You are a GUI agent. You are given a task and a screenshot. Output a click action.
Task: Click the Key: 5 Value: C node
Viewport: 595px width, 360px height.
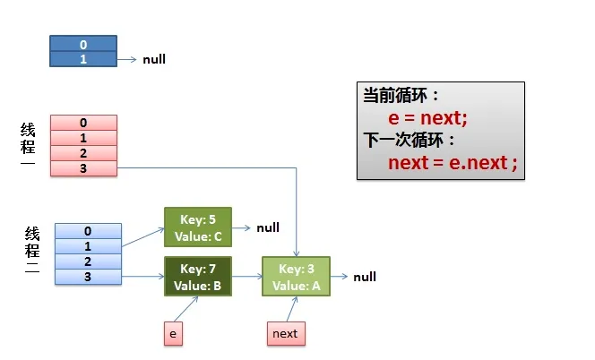(x=198, y=227)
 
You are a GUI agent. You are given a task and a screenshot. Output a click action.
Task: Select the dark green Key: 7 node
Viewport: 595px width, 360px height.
(x=198, y=276)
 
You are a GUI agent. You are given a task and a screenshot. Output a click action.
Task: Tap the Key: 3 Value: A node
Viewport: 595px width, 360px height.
(x=296, y=276)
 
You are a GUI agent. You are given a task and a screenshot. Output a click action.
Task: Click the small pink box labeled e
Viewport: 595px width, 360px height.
(x=174, y=333)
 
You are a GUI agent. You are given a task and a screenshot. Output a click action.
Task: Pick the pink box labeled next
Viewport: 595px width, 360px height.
(x=286, y=333)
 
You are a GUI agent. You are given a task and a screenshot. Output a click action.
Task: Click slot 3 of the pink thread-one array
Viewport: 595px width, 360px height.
(x=84, y=168)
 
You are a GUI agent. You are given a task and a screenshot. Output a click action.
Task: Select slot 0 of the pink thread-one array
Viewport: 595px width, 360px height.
(x=84, y=123)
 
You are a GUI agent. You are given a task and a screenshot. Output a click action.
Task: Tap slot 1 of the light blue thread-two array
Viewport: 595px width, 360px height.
(x=88, y=246)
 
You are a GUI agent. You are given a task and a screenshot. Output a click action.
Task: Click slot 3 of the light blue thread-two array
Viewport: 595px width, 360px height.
(x=88, y=277)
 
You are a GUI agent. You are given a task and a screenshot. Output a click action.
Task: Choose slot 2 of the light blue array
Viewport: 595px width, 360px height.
(x=88, y=261)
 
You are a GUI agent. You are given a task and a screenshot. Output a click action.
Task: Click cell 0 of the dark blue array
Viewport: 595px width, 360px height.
(x=83, y=44)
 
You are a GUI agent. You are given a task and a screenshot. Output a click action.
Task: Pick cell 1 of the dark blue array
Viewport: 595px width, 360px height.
(x=83, y=59)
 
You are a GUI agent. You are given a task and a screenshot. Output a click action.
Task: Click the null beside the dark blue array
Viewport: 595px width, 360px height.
(x=154, y=59)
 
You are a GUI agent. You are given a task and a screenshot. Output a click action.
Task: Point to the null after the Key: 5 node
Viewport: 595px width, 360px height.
(x=268, y=227)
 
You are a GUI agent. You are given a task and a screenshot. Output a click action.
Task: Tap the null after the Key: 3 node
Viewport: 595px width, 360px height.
(x=365, y=277)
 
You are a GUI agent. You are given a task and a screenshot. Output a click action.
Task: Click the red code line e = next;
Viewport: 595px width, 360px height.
(x=427, y=118)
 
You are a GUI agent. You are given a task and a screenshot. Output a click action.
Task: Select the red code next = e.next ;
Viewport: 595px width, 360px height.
(x=453, y=163)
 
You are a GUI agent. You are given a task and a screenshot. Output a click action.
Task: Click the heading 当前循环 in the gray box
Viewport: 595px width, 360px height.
(x=395, y=95)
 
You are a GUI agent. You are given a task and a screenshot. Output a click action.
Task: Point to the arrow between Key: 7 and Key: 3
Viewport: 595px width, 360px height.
(x=247, y=276)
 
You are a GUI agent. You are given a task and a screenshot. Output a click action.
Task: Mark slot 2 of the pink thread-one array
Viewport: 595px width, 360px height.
(x=84, y=153)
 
